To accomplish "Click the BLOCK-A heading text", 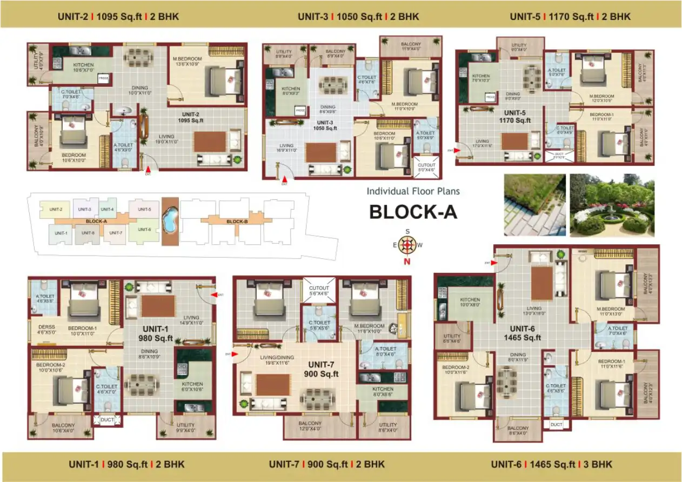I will click(x=413, y=212).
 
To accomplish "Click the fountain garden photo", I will click(x=612, y=205).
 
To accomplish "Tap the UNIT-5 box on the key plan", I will click(x=144, y=209).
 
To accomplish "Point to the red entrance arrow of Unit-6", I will click(x=493, y=263).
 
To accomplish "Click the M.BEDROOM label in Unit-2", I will click(x=187, y=59).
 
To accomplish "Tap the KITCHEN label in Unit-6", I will click(x=470, y=300).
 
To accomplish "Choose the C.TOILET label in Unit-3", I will click(x=367, y=78).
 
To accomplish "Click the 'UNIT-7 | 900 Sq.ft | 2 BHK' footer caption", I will click(x=326, y=464).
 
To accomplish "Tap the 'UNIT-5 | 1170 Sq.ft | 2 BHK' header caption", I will click(x=570, y=17).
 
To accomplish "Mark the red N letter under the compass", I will click(x=407, y=262).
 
